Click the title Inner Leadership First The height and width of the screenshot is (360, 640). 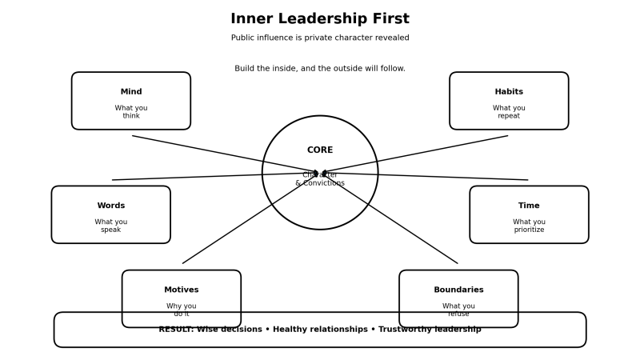coord(320,18)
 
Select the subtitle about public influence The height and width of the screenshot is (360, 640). coord(320,38)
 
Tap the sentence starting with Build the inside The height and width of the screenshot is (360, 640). coord(320,69)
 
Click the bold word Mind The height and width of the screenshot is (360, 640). coord(131,92)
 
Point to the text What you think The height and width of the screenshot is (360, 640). coord(131,112)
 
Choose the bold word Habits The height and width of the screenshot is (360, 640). coord(509,92)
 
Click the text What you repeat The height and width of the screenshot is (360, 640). coord(509,112)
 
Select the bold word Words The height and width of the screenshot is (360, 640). coord(111,206)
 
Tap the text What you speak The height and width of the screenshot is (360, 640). coord(111,226)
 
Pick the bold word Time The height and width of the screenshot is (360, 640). coord(529,206)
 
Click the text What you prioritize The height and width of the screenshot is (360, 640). coord(529,226)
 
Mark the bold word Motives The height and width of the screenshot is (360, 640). coord(182,290)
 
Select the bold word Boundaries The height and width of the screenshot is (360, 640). coord(458,290)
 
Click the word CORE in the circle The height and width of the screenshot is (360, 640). coord(320,150)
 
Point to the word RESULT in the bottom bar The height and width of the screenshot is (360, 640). coord(175,330)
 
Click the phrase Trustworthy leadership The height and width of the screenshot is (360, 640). coord(430,330)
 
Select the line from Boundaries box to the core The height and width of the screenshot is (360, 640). coord(400,225)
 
